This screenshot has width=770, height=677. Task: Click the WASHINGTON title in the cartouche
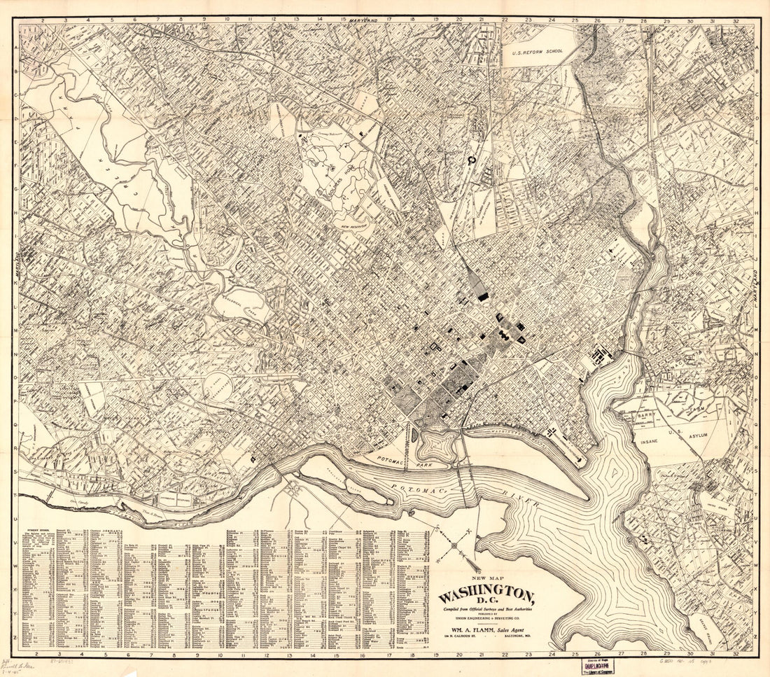[x=486, y=596]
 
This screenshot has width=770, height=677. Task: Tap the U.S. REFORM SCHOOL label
[x=537, y=51]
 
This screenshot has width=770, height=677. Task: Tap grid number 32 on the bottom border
[x=735, y=656]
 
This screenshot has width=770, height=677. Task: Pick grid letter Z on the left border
[x=15, y=638]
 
